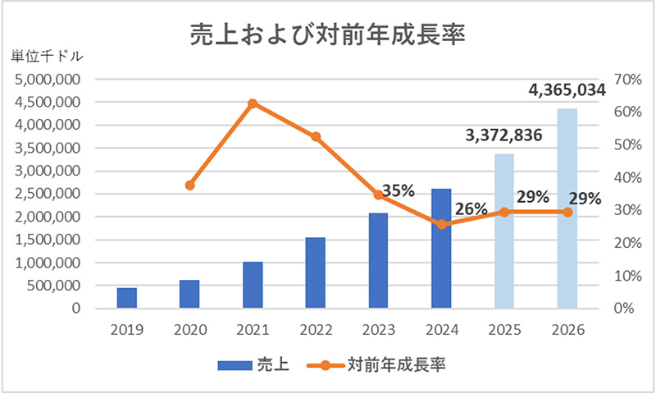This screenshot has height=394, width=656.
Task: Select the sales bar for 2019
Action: (127, 298)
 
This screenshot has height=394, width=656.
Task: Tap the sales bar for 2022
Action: (315, 273)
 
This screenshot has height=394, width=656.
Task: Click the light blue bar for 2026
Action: (567, 208)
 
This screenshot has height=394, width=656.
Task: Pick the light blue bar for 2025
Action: (504, 231)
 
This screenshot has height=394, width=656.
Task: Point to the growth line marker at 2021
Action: (253, 103)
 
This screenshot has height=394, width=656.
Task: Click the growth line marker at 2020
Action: (190, 185)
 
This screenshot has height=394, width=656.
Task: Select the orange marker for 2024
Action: (442, 224)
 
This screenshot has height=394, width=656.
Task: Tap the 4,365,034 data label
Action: (567, 89)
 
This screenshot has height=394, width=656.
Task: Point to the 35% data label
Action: (399, 190)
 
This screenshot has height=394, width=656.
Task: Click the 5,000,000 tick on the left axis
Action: (47, 80)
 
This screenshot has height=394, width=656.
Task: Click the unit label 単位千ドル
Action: (47, 57)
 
